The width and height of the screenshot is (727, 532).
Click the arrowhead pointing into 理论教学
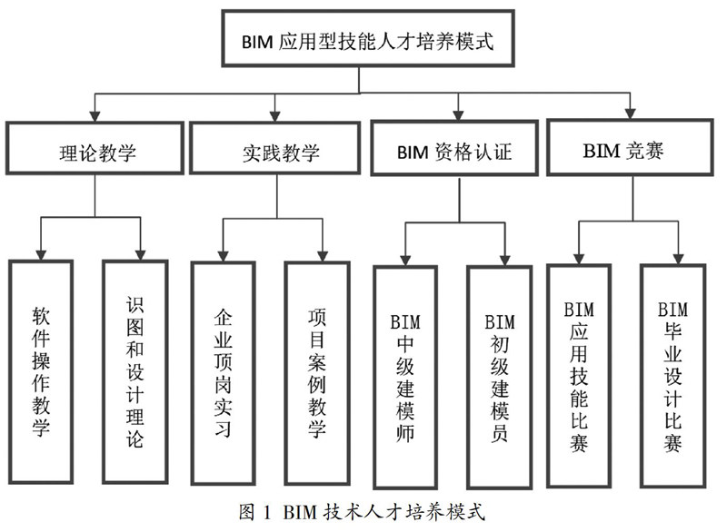(95, 116)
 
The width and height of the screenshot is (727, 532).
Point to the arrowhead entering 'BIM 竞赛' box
(630, 113)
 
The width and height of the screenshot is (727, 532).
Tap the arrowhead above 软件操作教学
(41, 255)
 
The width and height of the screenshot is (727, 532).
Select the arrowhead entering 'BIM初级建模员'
(504, 261)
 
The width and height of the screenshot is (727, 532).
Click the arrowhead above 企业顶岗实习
(223, 256)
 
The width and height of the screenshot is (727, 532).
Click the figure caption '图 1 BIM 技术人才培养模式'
(362, 512)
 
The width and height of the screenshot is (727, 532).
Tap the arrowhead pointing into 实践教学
(275, 116)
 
